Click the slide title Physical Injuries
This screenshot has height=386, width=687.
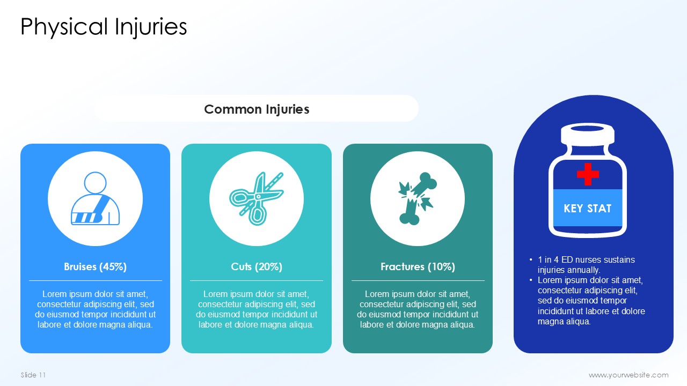click(x=104, y=27)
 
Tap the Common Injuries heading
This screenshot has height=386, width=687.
click(x=257, y=109)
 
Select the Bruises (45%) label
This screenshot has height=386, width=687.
click(x=95, y=266)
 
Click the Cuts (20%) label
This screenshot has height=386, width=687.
click(x=257, y=266)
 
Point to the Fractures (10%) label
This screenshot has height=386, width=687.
click(x=418, y=266)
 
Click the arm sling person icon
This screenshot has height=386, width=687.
click(x=95, y=198)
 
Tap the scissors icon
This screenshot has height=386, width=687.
click(x=257, y=198)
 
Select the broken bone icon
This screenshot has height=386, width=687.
click(x=418, y=198)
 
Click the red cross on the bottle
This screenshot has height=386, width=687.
click(x=588, y=174)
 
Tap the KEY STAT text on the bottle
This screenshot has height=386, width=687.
click(x=587, y=209)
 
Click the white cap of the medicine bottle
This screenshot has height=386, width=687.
click(x=588, y=135)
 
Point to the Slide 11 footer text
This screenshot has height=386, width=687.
click(x=33, y=375)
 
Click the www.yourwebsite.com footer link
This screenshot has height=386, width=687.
click(x=628, y=375)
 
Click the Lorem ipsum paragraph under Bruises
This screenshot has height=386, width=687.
click(x=95, y=309)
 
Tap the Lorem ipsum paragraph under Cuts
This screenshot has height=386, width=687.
click(x=257, y=309)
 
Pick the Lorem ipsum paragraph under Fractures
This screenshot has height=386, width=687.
click(x=418, y=309)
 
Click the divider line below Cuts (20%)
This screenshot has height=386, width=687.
click(x=257, y=280)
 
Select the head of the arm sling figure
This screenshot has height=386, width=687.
click(x=96, y=183)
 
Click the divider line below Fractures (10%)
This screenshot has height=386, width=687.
click(x=418, y=280)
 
